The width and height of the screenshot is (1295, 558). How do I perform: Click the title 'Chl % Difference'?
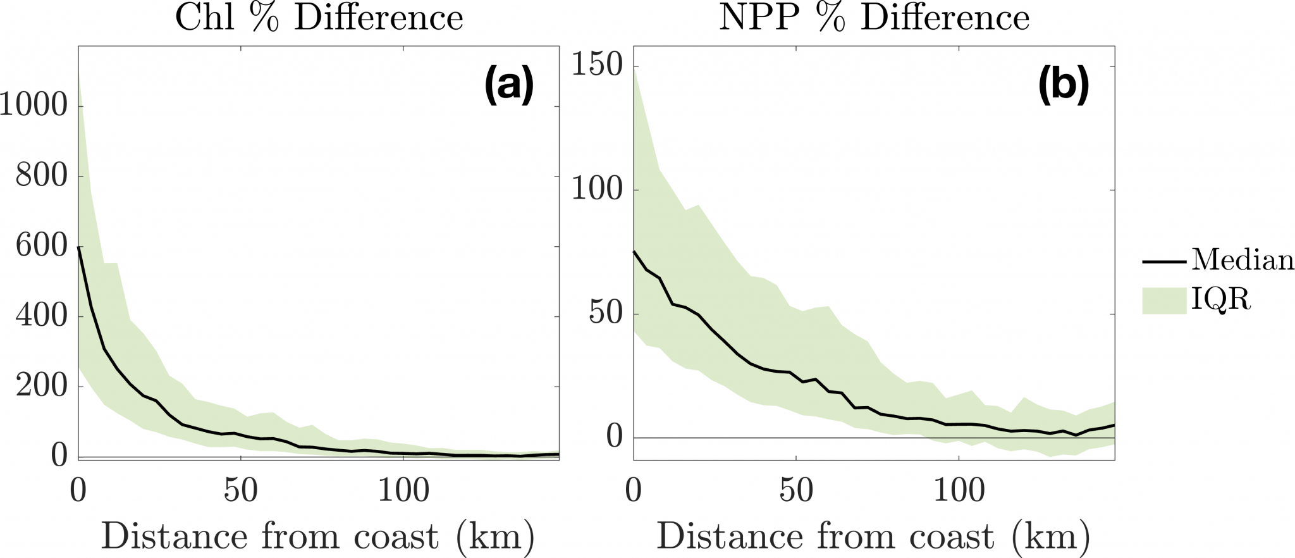(319, 18)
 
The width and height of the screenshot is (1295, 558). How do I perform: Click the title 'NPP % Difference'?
(874, 18)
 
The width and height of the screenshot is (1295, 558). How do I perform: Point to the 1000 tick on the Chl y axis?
(34, 105)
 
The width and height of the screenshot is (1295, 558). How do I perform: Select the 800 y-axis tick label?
(41, 175)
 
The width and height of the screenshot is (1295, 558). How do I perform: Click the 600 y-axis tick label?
(41, 245)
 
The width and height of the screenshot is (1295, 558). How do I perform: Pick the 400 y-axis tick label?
(41, 316)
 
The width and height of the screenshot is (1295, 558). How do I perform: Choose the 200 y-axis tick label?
(41, 385)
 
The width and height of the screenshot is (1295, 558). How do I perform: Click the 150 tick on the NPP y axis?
(597, 65)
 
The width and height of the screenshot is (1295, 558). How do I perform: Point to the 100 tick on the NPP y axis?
(597, 189)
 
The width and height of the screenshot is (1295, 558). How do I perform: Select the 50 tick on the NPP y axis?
(605, 313)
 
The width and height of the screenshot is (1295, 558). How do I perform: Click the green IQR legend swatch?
(1163, 300)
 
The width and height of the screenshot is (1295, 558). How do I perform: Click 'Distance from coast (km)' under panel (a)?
(318, 536)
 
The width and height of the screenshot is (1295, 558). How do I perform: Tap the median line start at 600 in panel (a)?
(79, 247)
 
